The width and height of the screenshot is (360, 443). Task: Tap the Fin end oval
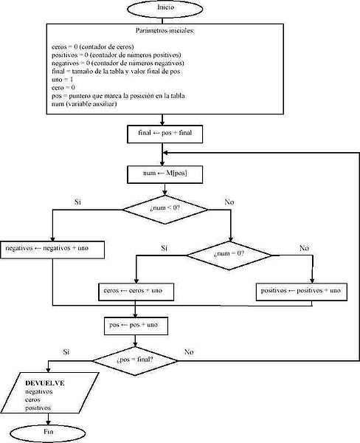click(49, 430)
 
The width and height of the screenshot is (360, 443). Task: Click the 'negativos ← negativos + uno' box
click(52, 247)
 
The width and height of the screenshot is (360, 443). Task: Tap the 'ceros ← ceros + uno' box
click(135, 292)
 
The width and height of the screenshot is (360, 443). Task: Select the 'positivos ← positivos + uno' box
click(301, 292)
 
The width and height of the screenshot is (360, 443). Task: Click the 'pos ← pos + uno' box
click(135, 325)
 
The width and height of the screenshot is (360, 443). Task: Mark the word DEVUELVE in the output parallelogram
click(46, 382)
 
